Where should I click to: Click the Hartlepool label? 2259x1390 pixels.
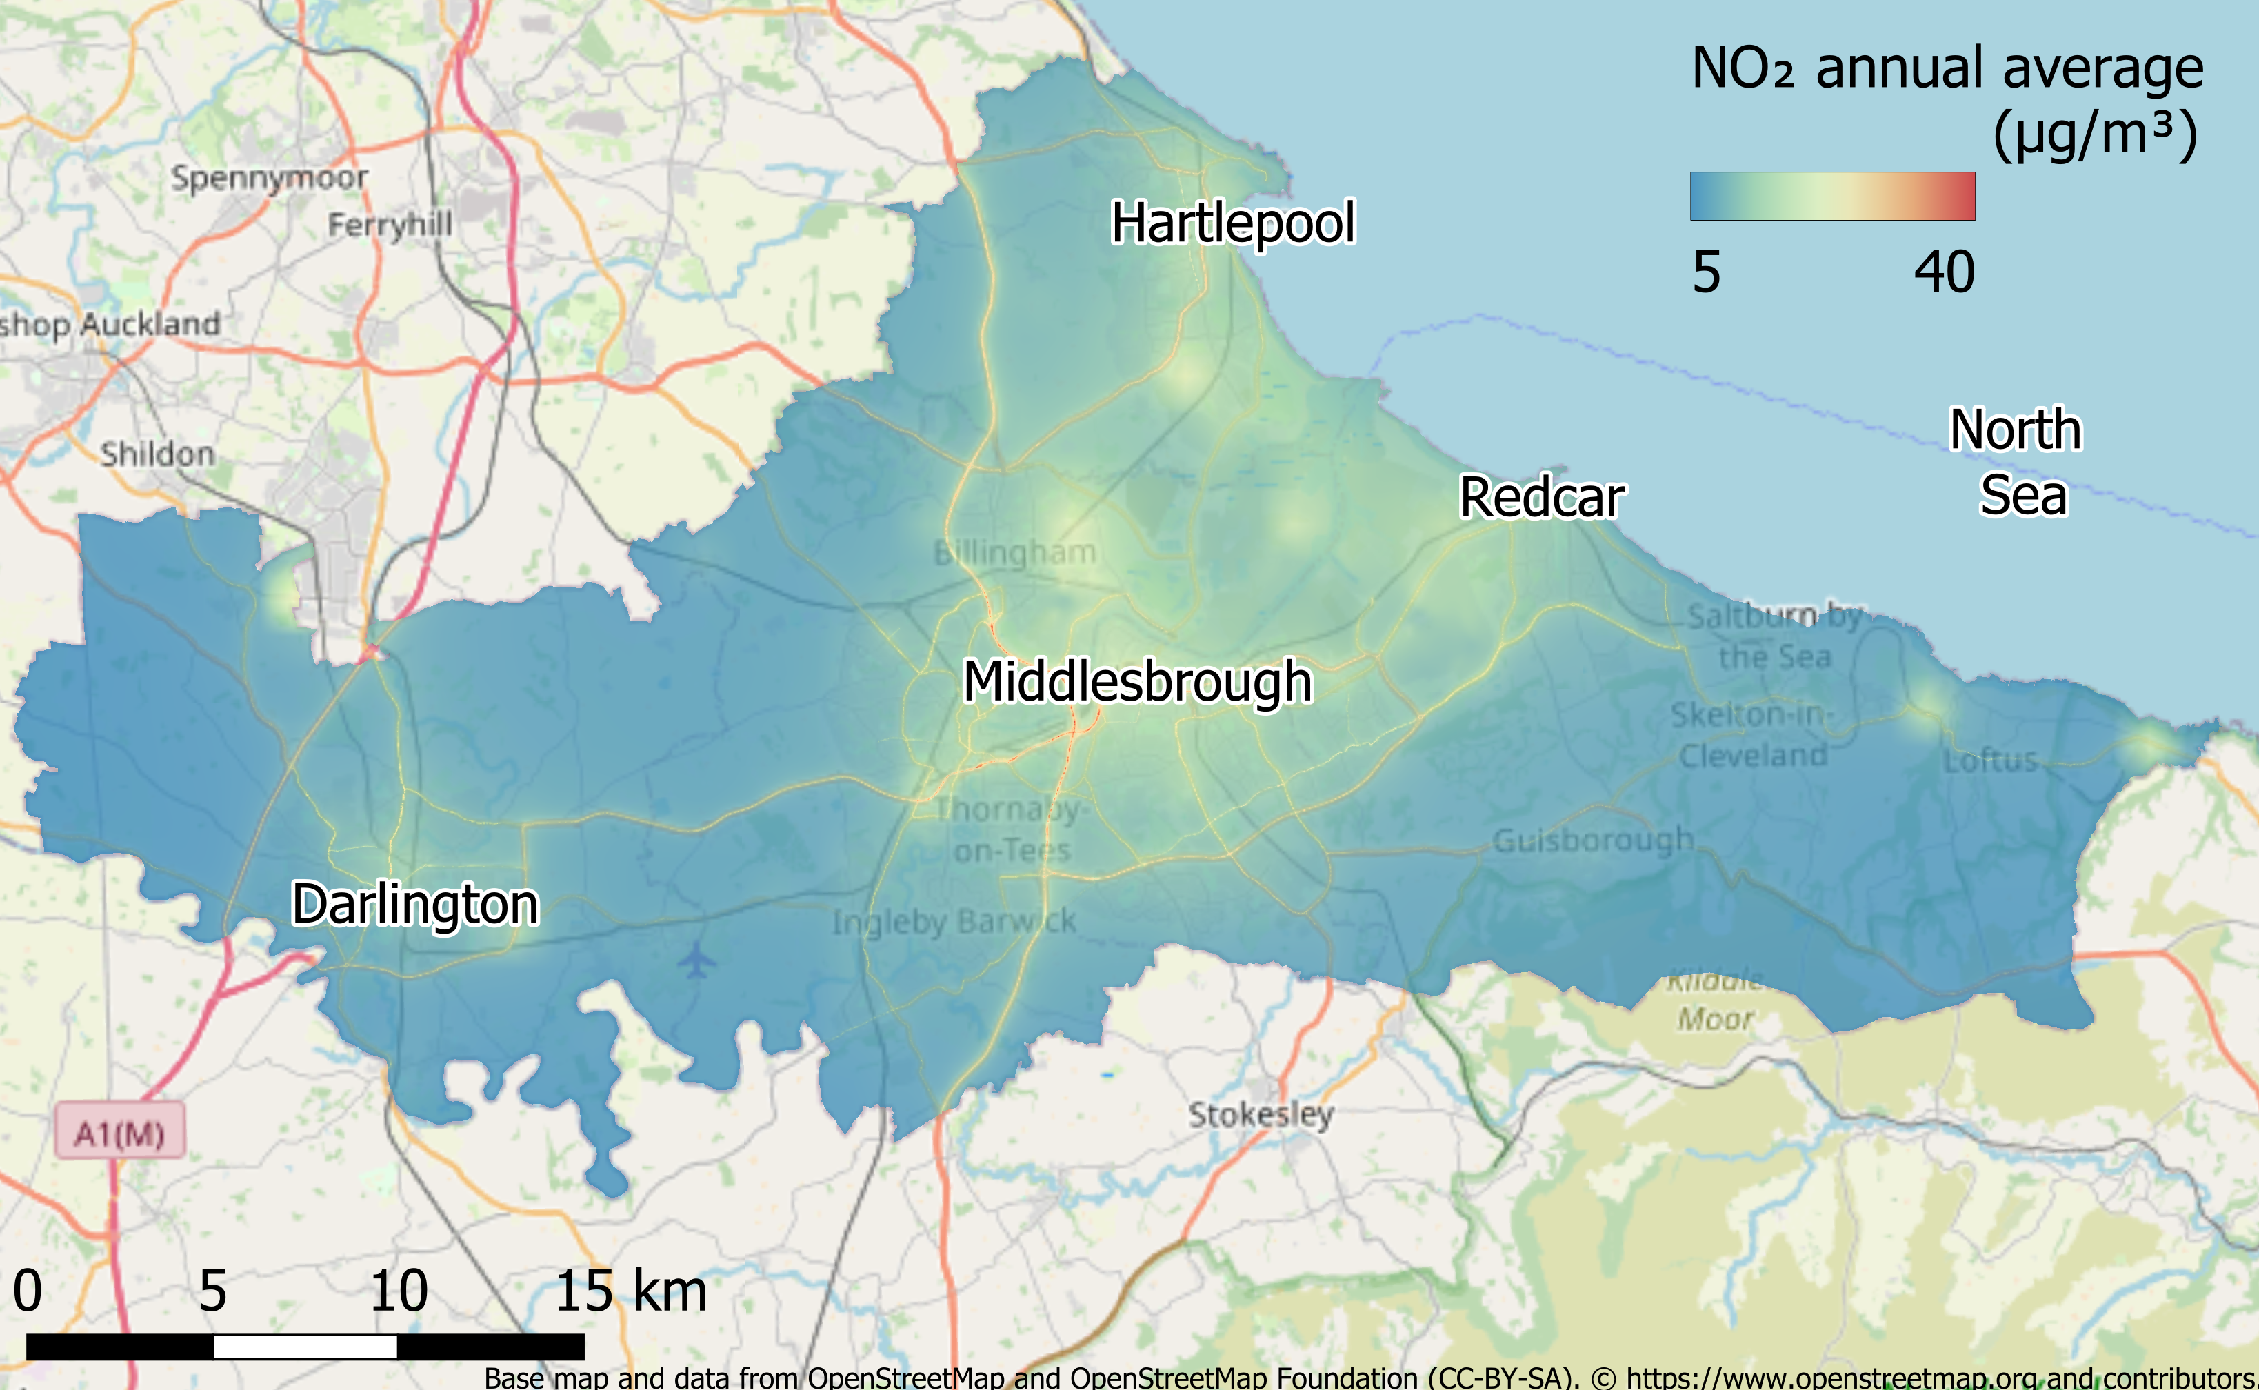point(1233,223)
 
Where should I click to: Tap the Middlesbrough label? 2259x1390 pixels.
point(1137,682)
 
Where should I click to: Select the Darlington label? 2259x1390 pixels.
point(414,905)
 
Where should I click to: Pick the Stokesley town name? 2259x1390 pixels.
point(1261,1115)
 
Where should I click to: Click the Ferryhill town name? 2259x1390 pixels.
point(390,223)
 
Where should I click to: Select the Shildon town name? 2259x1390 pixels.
point(157,453)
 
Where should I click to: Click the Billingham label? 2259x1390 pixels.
point(1015,552)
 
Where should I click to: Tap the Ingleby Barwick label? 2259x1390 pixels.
point(954,921)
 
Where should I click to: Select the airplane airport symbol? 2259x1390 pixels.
point(698,960)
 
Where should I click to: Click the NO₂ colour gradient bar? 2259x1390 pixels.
point(1831,196)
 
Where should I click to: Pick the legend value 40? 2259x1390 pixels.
point(1944,272)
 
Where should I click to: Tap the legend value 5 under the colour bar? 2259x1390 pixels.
point(1707,272)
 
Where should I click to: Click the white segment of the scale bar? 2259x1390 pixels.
point(305,1347)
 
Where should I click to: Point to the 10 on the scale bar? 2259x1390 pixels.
point(398,1291)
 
